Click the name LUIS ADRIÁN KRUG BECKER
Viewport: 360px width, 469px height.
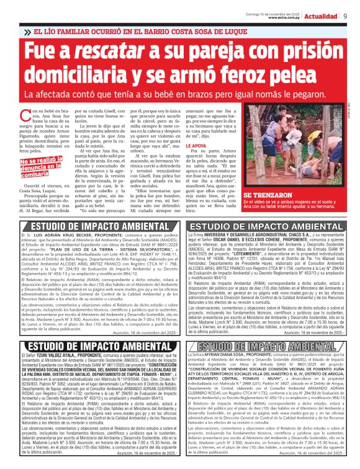pos(56,237)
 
